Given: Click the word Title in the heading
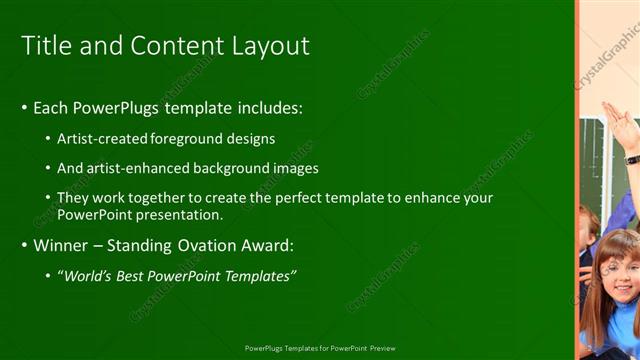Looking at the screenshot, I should click(45, 46).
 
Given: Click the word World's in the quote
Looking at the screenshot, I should click(93, 275).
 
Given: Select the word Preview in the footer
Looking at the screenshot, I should click(381, 348).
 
